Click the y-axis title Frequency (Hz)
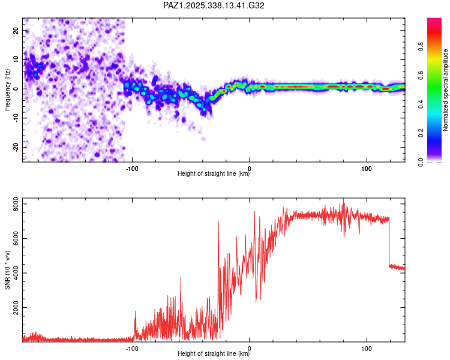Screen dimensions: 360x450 click(7, 90)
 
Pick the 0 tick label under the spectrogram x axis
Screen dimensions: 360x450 click(250, 167)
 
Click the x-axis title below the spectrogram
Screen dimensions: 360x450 click(214, 174)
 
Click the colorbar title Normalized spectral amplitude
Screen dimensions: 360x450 click(446, 90)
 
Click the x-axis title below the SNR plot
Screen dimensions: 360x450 click(214, 354)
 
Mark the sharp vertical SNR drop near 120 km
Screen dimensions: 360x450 click(389, 243)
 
